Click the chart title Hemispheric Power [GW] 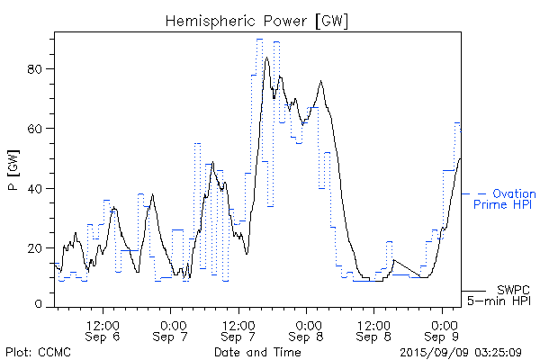(x=256, y=20)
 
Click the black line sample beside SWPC (x=473, y=291)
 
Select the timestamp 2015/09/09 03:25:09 (x=462, y=352)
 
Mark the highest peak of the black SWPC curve (x=267, y=58)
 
